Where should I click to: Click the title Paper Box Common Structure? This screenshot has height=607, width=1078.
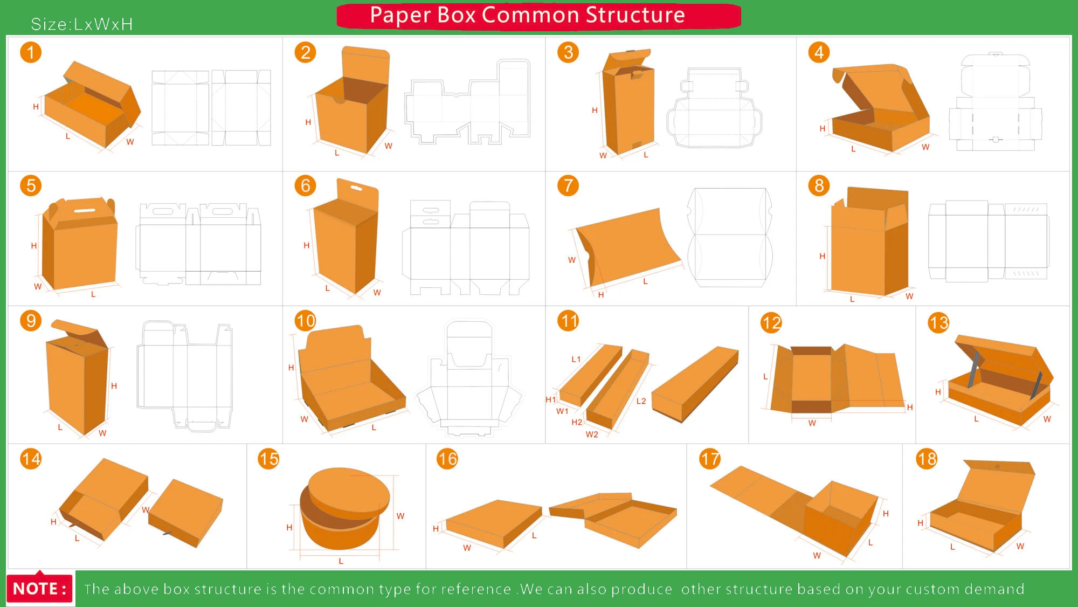527,15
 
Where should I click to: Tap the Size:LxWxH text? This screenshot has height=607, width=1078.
81,24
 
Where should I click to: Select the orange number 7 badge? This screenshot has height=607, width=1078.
568,186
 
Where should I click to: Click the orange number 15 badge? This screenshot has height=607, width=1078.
268,459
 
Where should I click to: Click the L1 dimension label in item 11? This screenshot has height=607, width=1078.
576,359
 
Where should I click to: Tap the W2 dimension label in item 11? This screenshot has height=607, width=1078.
591,434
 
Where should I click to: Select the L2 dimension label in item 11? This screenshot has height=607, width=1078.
641,401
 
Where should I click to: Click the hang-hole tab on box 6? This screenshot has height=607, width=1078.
356,190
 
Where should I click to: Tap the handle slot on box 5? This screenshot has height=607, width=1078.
85,210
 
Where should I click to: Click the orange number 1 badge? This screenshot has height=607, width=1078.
31,52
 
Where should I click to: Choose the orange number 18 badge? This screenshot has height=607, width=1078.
927,459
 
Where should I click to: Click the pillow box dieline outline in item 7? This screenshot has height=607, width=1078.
730,237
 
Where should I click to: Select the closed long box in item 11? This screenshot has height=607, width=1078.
695,384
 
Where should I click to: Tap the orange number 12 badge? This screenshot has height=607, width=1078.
771,323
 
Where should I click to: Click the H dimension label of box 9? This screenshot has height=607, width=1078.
114,386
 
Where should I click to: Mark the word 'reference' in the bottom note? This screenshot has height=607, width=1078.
476,589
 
